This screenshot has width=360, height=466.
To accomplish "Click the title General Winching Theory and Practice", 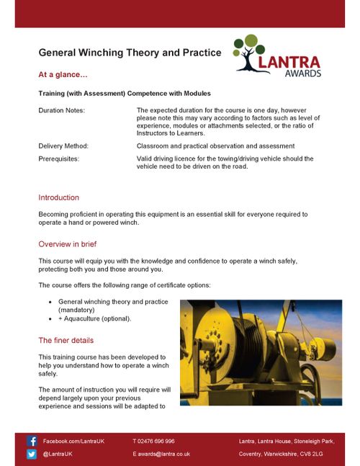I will pyautogui.click(x=130, y=53).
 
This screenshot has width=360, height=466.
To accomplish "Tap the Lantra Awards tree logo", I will pyautogui.click(x=277, y=55).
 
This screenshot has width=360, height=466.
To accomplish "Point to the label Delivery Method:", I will pyautogui.click(x=63, y=145).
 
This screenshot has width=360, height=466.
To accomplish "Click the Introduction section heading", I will pyautogui.click(x=58, y=197).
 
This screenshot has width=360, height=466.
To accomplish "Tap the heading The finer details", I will pyautogui.click(x=66, y=340).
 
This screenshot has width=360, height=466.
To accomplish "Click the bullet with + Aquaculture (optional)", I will pyautogui.click(x=95, y=318).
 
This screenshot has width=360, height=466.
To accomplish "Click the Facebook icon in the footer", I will pyautogui.click(x=32, y=441).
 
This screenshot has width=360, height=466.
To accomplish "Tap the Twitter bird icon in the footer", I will pyautogui.click(x=32, y=454).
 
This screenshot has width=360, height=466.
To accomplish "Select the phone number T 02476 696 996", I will pyautogui.click(x=153, y=441).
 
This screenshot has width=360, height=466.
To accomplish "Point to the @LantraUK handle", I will pyautogui.click(x=57, y=454).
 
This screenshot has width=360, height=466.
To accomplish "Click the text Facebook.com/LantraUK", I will pyautogui.click(x=73, y=441).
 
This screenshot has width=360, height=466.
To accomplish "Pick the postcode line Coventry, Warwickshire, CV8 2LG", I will pyautogui.click(x=281, y=454).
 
